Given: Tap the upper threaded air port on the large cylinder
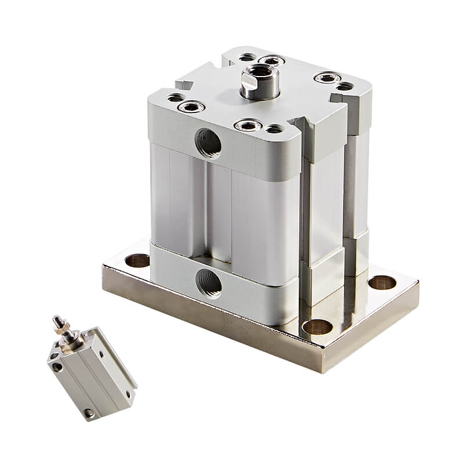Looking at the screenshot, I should coord(208,143).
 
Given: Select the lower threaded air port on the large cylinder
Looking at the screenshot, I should coord(208,283).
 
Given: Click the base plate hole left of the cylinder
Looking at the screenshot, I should coord(138,260).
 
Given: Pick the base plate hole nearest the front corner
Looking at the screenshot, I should coord(318,327).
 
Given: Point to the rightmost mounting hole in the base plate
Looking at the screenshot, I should coord(382,283).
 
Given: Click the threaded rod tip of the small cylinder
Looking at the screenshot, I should coord(58,321).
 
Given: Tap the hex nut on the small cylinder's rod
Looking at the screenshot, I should coord(65,332).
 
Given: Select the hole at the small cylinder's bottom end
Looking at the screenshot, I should coord(88,413).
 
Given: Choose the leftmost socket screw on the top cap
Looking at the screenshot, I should coord(191,106).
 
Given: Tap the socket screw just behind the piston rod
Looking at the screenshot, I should coord(271,60).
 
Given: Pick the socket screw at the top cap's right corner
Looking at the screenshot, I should coord(327,77).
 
